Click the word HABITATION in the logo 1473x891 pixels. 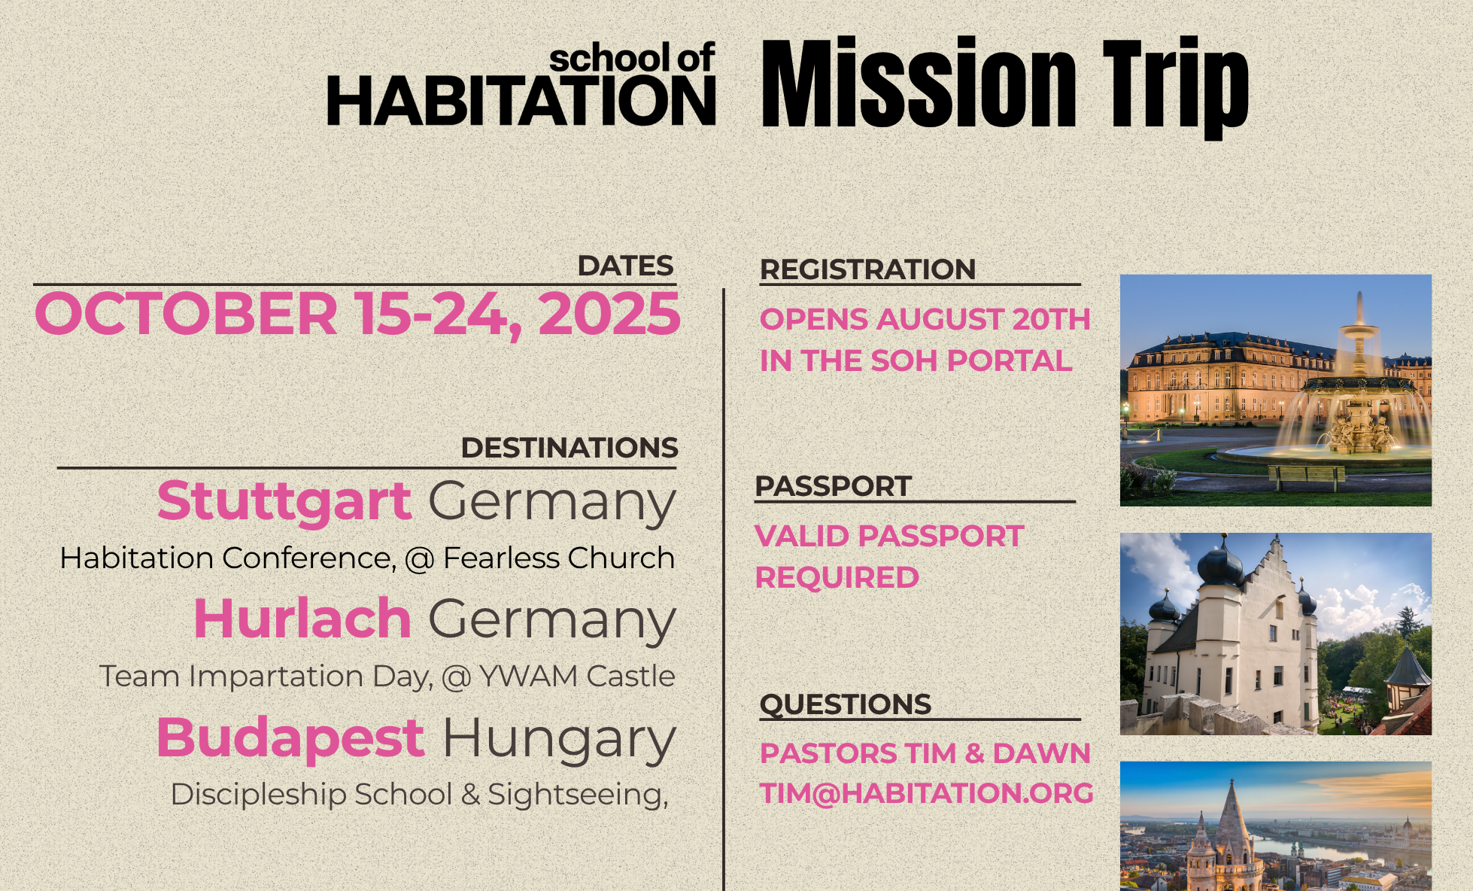pos(521,102)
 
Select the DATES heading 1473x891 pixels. pos(625,266)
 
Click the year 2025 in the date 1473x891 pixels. pos(609,313)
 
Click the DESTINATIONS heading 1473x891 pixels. pos(569,448)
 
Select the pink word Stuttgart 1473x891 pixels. pos(284,501)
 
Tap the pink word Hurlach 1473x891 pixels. pos(302,619)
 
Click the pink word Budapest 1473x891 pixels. pos(290,737)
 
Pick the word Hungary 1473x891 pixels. pos(559,739)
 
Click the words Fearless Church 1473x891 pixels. pos(559,558)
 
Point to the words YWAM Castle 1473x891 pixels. pos(577,676)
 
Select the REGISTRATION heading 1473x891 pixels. pos(867,269)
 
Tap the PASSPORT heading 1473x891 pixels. pos(833,486)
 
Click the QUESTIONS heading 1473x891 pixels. pos(846,704)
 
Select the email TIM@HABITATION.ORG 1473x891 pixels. pos(927,793)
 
